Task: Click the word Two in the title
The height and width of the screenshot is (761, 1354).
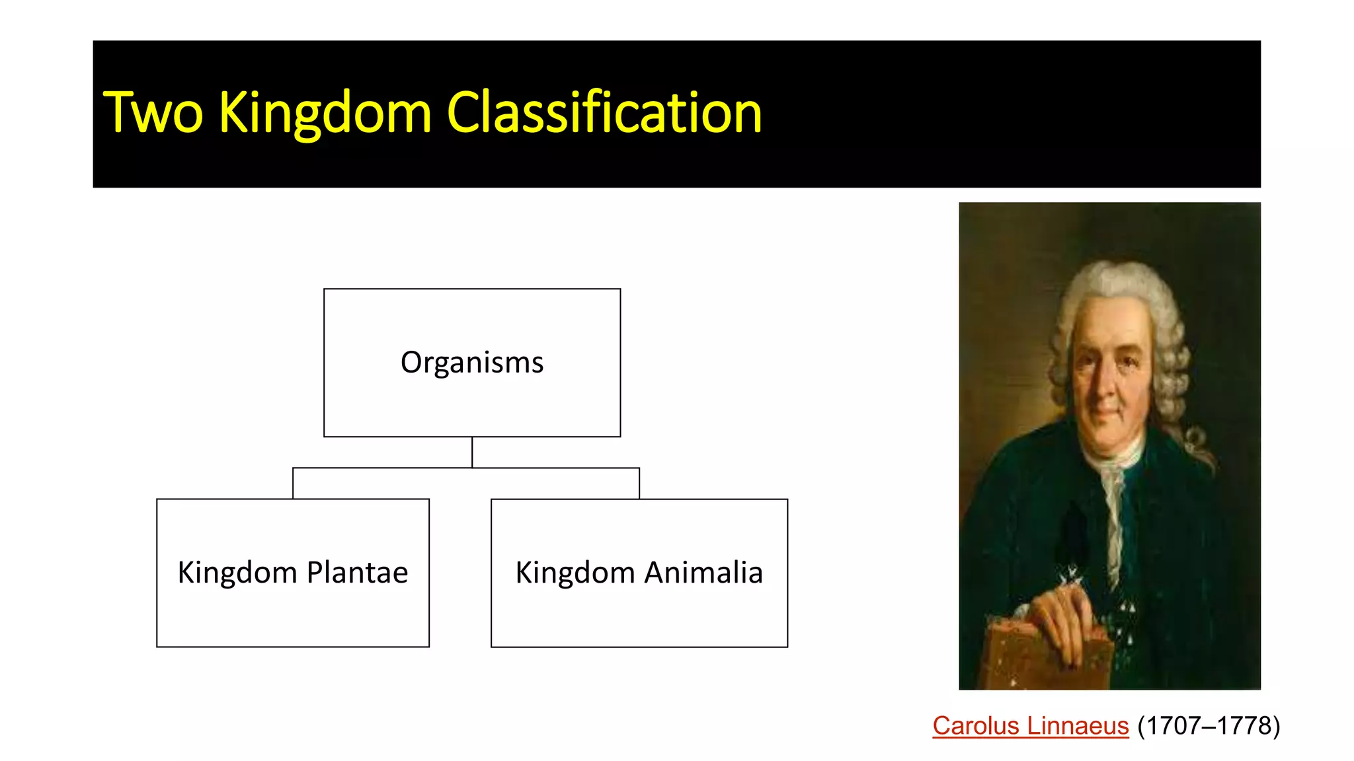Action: (x=153, y=113)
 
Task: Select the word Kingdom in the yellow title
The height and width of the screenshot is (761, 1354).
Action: (x=325, y=113)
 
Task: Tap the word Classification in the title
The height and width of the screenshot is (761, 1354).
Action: (x=604, y=113)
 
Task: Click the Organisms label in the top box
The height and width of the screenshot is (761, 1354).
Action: (x=472, y=363)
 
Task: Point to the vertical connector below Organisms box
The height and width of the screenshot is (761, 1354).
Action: (x=472, y=453)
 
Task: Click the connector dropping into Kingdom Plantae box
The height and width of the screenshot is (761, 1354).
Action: (x=293, y=484)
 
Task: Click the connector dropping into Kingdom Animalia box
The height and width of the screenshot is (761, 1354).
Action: (x=639, y=484)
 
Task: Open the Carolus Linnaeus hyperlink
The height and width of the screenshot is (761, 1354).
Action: (x=1030, y=726)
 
